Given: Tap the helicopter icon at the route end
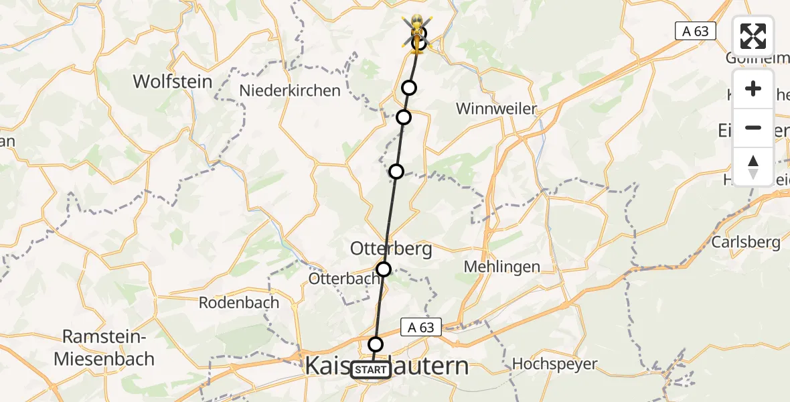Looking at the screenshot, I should pyautogui.click(x=416, y=28).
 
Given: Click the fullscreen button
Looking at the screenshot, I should pyautogui.click(x=753, y=37).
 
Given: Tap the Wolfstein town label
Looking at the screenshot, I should pyautogui.click(x=173, y=82).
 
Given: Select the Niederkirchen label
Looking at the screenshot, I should pyautogui.click(x=290, y=90).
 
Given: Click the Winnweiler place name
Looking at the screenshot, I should pyautogui.click(x=496, y=109).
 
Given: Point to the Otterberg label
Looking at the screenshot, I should pyautogui.click(x=391, y=249).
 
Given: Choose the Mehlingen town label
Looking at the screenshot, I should pyautogui.click(x=502, y=267).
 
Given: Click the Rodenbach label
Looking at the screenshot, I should pyautogui.click(x=239, y=303).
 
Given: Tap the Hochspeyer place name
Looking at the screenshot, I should pyautogui.click(x=554, y=364).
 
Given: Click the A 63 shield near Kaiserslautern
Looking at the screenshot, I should pyautogui.click(x=422, y=328).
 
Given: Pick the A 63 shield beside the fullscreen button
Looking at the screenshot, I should pyautogui.click(x=695, y=31).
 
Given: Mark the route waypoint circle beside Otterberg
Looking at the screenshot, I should pyautogui.click(x=384, y=269).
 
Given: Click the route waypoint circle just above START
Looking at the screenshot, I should pyautogui.click(x=376, y=344).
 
